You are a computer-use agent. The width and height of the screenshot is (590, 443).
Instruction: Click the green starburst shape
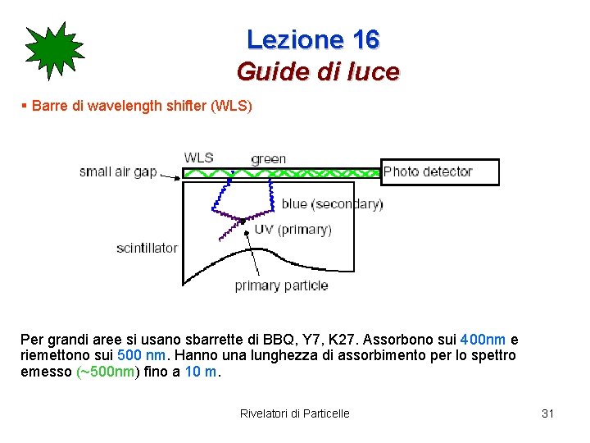[54, 52]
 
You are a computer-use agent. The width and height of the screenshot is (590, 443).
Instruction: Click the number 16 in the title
[365, 39]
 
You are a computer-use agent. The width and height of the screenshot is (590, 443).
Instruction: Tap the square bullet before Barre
[24, 107]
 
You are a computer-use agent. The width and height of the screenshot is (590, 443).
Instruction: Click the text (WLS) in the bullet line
[232, 107]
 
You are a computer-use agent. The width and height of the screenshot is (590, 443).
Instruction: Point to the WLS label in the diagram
[199, 158]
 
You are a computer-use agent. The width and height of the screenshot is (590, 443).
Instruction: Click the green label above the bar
[268, 158]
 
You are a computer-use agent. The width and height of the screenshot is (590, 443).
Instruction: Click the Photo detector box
[440, 172]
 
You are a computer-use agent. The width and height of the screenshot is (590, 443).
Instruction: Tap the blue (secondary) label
[331, 203]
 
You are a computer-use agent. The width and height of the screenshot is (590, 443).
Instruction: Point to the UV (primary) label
[293, 230]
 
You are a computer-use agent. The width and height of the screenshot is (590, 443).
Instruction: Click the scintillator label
[147, 248]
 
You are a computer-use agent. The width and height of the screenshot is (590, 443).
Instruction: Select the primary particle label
[281, 285]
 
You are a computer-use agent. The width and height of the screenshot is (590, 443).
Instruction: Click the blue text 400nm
[483, 340]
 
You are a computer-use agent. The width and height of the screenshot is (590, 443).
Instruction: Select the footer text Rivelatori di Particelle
[294, 413]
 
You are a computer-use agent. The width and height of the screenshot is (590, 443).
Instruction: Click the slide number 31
[547, 413]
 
